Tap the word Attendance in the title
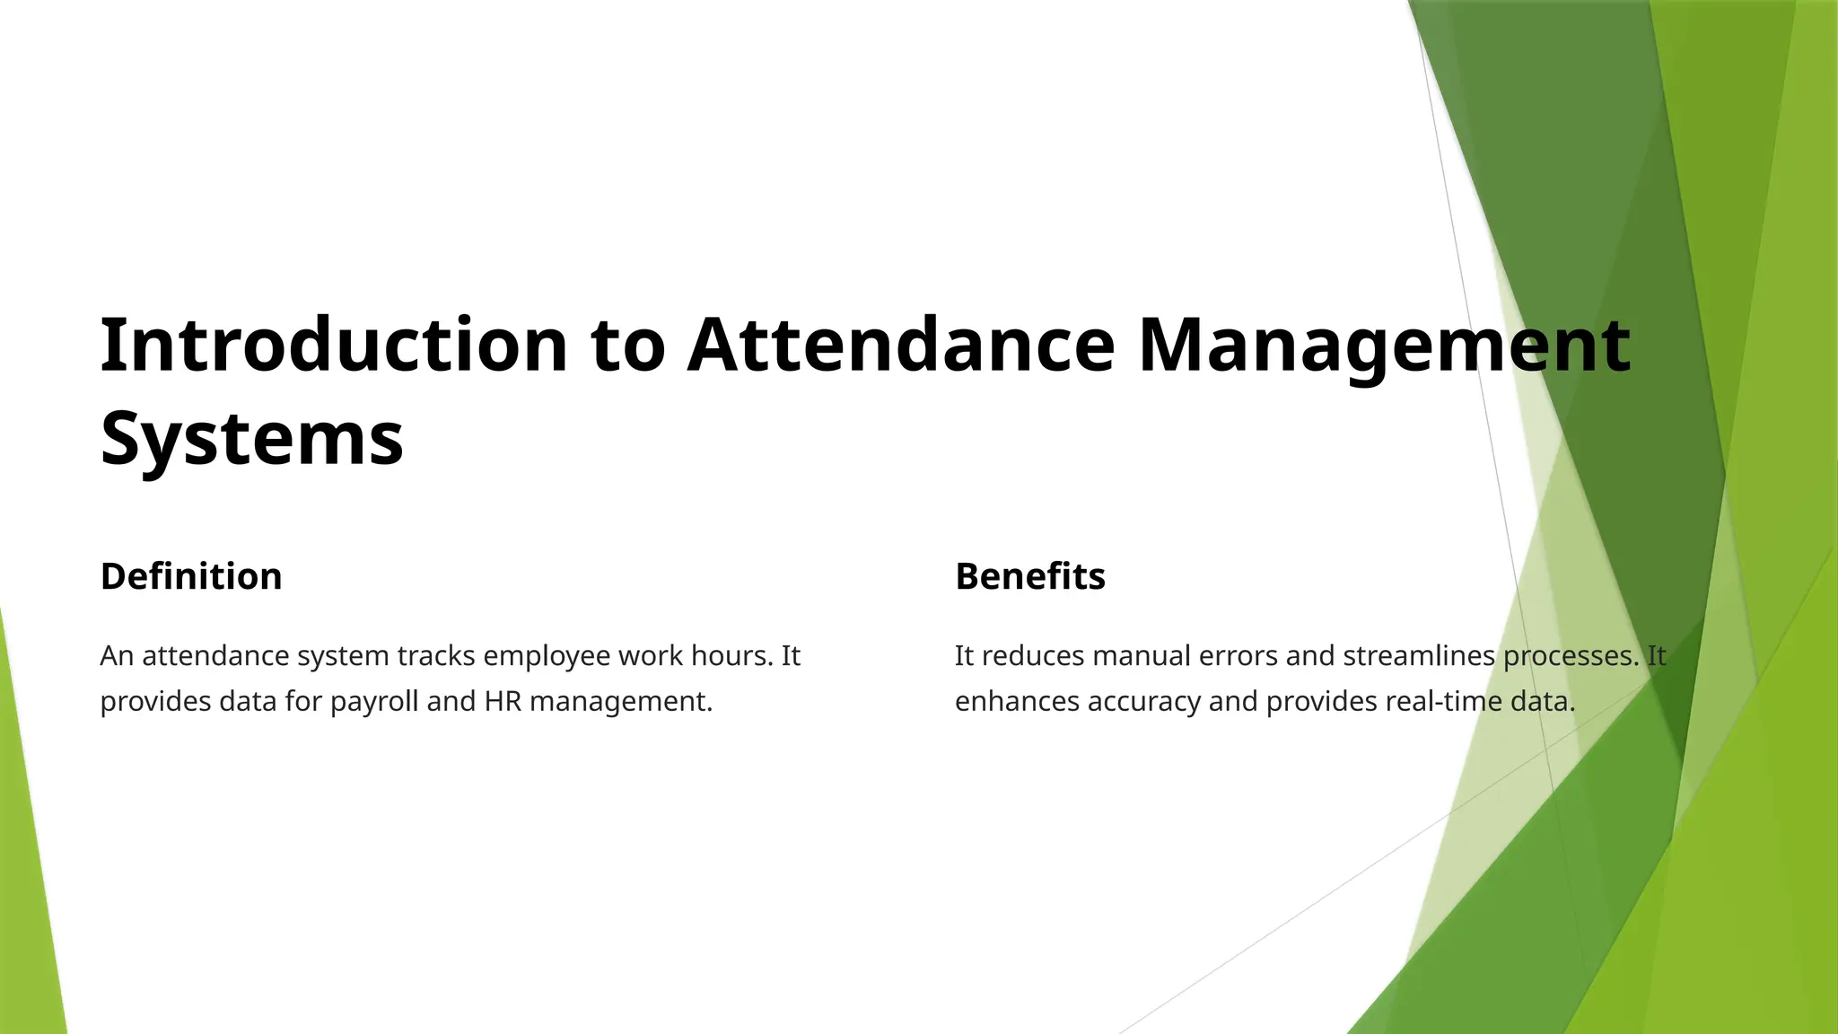(901, 346)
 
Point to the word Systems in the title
(252, 439)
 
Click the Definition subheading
(191, 576)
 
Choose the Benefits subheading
(1030, 576)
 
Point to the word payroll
(374, 702)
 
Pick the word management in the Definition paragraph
(621, 702)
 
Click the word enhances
(1017, 701)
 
